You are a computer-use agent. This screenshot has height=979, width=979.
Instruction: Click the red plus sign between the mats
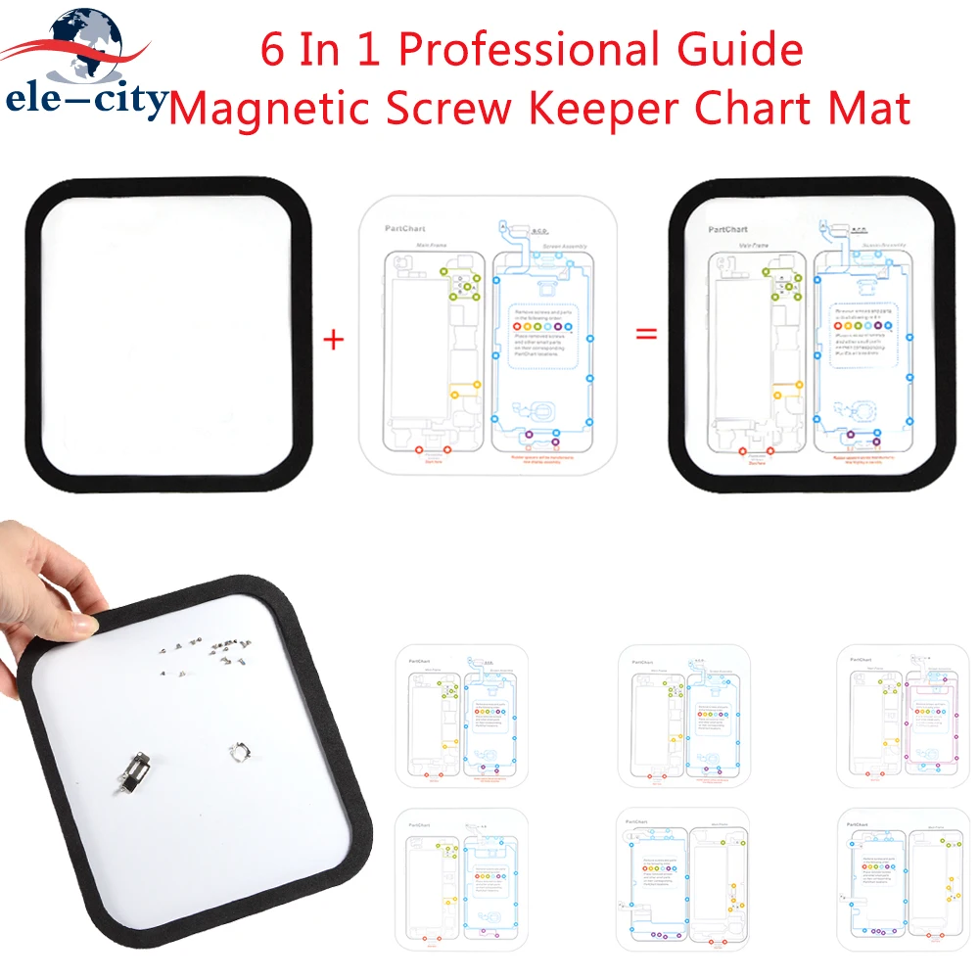point(334,340)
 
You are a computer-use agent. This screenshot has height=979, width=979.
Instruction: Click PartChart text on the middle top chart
point(402,227)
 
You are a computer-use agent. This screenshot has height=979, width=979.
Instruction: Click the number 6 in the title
point(271,50)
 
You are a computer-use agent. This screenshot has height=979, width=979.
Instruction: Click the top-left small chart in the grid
point(461,715)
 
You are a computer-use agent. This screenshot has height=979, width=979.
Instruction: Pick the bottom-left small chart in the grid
point(461,878)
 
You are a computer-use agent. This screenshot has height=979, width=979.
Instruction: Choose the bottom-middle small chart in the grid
point(682,878)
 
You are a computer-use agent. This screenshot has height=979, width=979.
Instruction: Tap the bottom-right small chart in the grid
point(903,878)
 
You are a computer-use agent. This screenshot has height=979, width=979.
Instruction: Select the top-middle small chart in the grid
point(682,715)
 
